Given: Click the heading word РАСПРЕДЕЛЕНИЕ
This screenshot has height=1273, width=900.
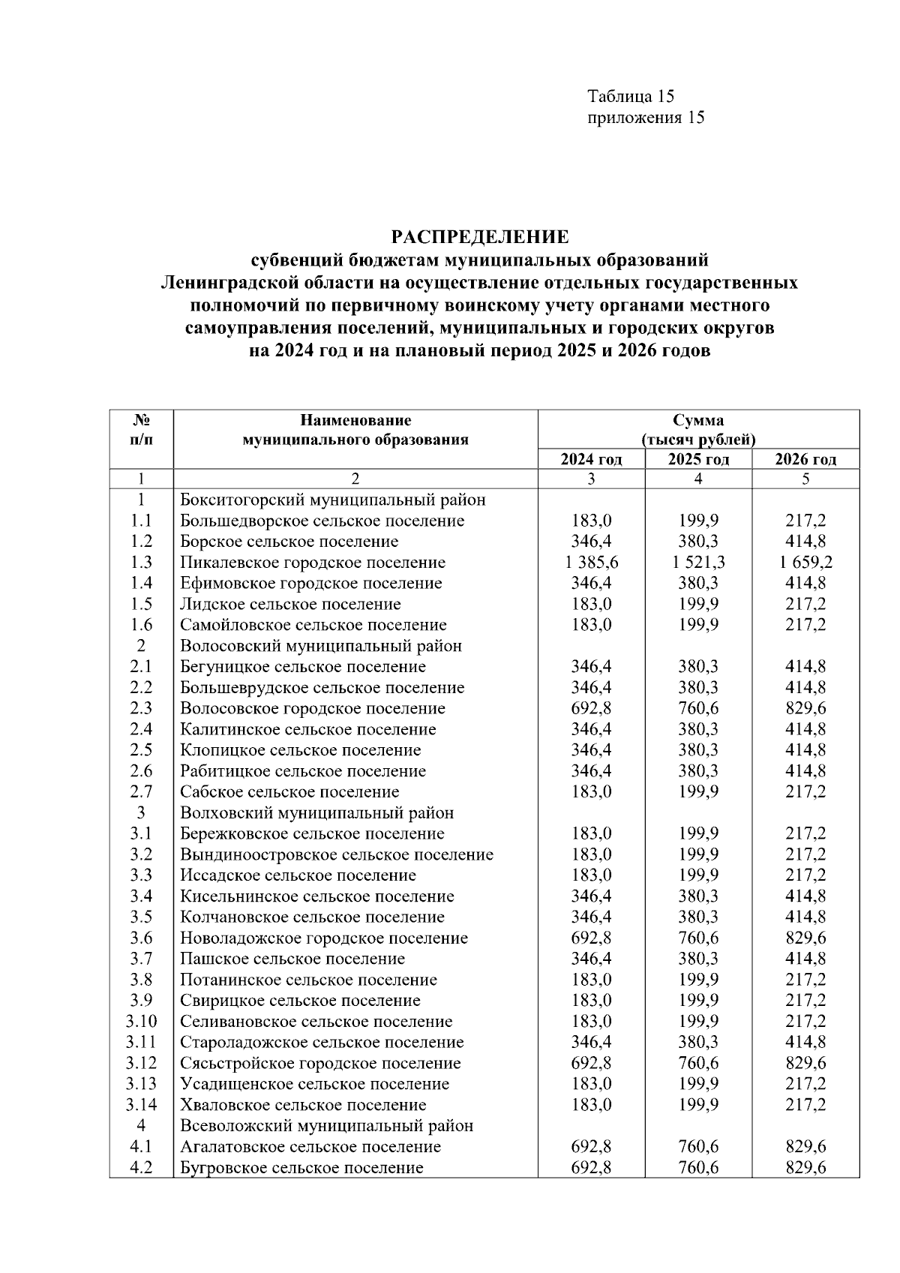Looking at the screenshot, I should pos(480,238).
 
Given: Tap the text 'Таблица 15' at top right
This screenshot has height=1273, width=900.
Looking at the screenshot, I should pos(631,97).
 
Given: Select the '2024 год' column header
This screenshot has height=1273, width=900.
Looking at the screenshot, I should pos(591,459).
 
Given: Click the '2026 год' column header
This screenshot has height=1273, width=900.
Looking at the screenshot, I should pos(805,459).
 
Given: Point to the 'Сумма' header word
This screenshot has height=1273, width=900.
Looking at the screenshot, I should pos(698,420).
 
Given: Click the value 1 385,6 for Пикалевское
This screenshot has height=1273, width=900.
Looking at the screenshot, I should pos(591,563).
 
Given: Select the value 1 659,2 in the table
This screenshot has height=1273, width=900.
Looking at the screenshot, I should pos(805,563).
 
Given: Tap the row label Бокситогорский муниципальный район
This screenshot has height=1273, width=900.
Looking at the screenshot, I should pos(333,500).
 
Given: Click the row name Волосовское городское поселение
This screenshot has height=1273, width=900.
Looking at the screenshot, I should pos(313,708).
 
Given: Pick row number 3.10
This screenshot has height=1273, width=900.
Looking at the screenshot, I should pos(141,1021).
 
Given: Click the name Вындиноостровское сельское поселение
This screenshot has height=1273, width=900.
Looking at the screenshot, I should pos(337,854).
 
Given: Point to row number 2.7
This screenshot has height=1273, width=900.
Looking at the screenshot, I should pos(141,791).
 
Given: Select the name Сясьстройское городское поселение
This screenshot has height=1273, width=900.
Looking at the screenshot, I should pos(320,1063).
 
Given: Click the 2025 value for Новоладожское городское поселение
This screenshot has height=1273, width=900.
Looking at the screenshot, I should pos(698,938).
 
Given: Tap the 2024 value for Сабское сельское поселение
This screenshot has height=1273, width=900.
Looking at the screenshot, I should pos(591,791).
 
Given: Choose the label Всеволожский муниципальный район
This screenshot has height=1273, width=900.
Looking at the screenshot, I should pos(327,1125).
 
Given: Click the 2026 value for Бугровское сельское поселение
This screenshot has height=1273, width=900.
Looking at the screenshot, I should pos(805,1167).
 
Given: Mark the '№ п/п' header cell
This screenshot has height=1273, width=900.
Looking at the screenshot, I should pos(141,430).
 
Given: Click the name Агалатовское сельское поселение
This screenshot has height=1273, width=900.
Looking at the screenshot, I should pos(310,1146).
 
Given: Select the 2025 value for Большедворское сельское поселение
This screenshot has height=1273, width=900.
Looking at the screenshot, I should pos(698,521).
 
